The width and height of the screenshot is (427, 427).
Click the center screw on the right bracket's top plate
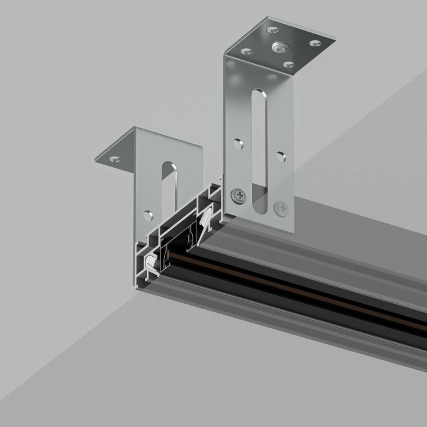pyautogui.click(x=280, y=46)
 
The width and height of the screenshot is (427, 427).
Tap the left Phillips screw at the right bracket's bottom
pyautogui.click(x=237, y=195)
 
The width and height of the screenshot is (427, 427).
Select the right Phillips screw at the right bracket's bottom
pyautogui.click(x=281, y=208)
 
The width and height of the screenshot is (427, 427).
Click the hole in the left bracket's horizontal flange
pyautogui.click(x=115, y=159)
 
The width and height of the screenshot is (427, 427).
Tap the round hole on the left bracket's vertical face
pyautogui.click(x=148, y=215)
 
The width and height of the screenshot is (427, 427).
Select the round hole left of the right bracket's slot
pyautogui.click(x=239, y=144)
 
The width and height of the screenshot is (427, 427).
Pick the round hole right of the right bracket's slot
pyautogui.click(x=281, y=157)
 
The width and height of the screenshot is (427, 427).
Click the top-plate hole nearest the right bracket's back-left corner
pyautogui.click(x=273, y=29)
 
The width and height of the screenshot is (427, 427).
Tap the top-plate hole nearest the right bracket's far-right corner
pyautogui.click(x=315, y=43)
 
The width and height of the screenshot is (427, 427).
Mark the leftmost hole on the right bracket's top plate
pyautogui.click(x=246, y=51)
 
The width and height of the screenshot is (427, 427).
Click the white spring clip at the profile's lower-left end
pyautogui.click(x=151, y=267)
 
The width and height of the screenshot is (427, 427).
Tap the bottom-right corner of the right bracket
pyautogui.click(x=293, y=233)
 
